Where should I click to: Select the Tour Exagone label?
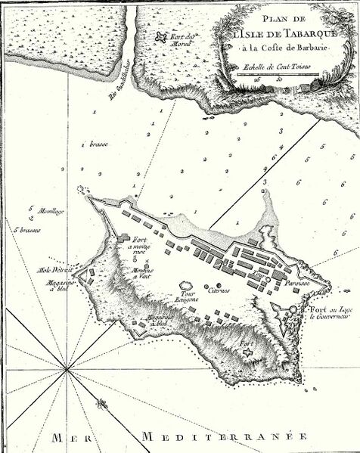click(x=186, y=297)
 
